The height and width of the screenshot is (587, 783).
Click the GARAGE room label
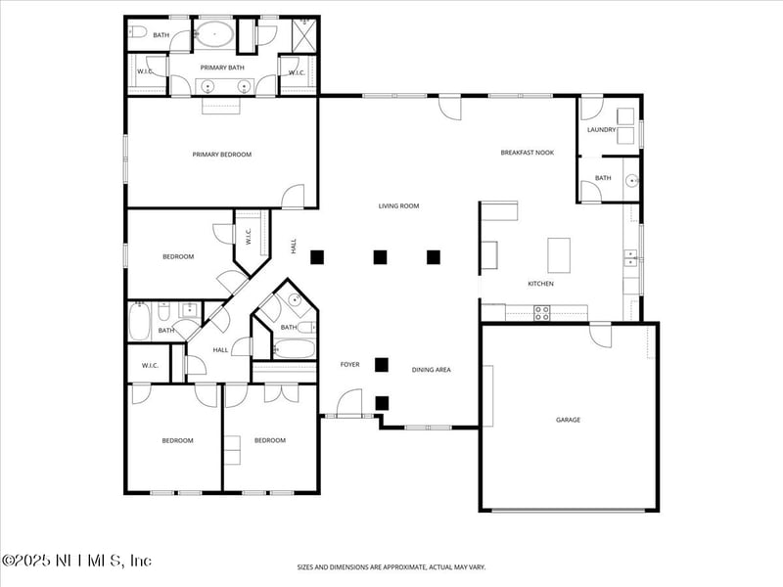(x=568, y=420)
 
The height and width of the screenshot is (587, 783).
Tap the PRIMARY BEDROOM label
(x=222, y=155)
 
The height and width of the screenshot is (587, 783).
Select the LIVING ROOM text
(x=398, y=205)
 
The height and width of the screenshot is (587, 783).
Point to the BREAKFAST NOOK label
(x=527, y=153)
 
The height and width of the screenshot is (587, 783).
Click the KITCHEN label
(x=541, y=284)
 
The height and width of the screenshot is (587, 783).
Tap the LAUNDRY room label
(x=601, y=130)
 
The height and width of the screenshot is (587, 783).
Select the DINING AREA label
(x=431, y=370)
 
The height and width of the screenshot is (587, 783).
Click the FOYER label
(x=349, y=364)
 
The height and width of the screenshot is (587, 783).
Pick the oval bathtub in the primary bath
(x=213, y=34)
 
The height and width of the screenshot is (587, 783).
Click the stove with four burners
(x=542, y=313)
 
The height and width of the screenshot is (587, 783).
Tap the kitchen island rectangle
(x=559, y=255)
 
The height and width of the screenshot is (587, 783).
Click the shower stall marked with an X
(x=303, y=35)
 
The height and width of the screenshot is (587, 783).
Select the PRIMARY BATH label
(x=222, y=68)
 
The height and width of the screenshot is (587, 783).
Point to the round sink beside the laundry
(x=632, y=180)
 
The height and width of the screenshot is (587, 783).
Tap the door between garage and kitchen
(x=600, y=336)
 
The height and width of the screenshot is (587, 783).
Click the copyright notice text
(x=76, y=561)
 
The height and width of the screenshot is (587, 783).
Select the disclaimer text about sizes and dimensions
(x=391, y=567)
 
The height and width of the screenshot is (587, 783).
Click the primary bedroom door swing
(x=293, y=197)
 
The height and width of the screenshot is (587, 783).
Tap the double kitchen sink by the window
(x=629, y=258)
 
